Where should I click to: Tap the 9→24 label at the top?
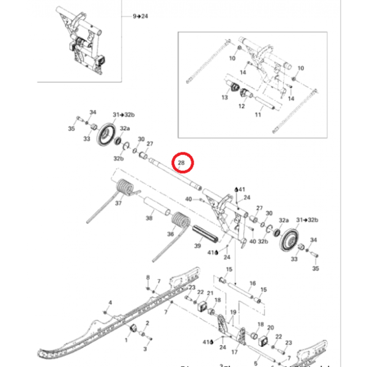tap(140, 16)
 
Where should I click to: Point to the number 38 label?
tap(148, 218)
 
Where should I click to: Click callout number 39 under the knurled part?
tap(198, 246)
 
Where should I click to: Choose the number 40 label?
tap(188, 199)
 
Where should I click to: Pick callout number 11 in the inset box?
tap(258, 114)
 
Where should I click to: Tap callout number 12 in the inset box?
tap(242, 106)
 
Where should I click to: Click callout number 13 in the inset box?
tap(224, 98)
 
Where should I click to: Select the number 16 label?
tap(252, 284)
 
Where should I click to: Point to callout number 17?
tap(234, 352)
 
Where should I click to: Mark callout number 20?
tap(271, 328)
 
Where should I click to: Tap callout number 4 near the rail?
tap(110, 303)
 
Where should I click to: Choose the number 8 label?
tap(148, 278)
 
